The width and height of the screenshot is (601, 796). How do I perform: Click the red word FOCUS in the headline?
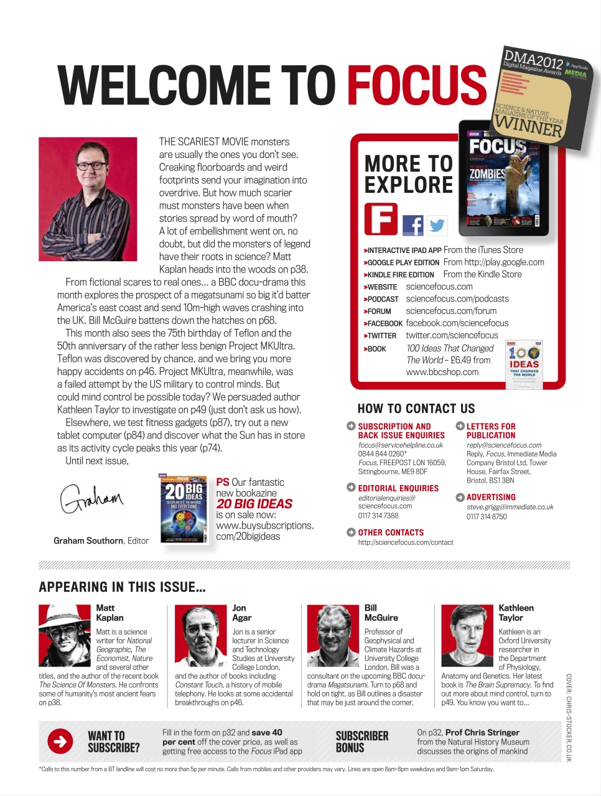point(416,85)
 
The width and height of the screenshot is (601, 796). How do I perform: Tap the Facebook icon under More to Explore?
point(412,224)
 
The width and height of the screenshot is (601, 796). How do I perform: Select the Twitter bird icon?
point(437,224)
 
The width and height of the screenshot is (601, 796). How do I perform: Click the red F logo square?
point(380,219)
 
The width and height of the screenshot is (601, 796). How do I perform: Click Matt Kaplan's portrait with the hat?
point(65,636)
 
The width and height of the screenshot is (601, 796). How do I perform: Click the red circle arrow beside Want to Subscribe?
point(60,741)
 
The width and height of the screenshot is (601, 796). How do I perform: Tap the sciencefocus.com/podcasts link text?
point(457,299)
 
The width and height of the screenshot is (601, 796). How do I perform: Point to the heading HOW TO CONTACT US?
point(416,409)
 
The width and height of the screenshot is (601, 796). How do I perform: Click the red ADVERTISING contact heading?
point(491,497)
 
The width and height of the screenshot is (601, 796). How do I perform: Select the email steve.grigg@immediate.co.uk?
point(510,507)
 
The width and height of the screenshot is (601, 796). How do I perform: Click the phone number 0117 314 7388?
point(378,516)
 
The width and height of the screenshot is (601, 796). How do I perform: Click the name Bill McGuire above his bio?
point(381,613)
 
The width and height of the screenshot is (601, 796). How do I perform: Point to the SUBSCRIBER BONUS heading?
point(362,741)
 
